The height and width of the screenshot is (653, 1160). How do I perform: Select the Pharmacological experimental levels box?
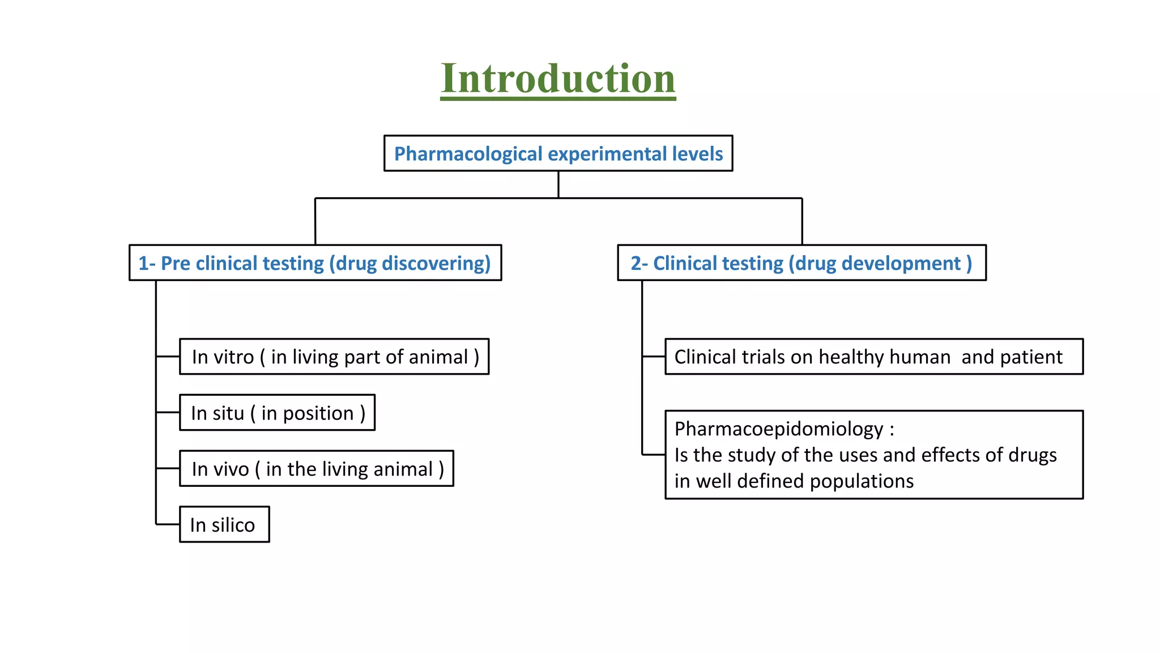[558, 154]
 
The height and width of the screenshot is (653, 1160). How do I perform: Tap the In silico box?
[224, 525]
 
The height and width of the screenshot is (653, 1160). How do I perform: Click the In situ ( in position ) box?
[277, 413]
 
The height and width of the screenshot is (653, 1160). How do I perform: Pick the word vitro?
[234, 357]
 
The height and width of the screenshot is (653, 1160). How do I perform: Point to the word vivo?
[231, 469]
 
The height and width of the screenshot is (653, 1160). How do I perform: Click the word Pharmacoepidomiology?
[778, 429]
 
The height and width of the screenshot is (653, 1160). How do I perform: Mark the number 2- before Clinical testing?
[639, 264]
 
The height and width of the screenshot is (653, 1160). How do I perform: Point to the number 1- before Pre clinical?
[147, 264]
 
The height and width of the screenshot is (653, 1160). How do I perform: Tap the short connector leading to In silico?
[168, 524]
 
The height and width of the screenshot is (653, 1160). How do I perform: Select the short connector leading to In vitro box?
[168, 357]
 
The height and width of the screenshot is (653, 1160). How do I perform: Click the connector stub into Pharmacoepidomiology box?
[654, 455]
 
